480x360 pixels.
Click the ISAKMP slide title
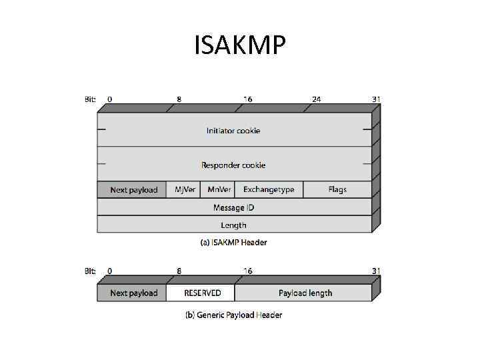click(x=240, y=45)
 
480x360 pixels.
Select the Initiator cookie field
click(x=233, y=131)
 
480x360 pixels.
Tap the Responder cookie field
click(x=233, y=165)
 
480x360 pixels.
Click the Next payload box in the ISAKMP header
click(x=133, y=190)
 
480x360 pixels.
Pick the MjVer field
click(x=185, y=189)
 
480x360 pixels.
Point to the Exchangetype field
click(x=268, y=189)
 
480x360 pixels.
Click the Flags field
click(x=337, y=189)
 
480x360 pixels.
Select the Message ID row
click(x=233, y=207)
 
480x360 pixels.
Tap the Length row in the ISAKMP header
click(x=233, y=225)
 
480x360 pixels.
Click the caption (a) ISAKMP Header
click(x=233, y=243)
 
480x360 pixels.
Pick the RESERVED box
click(x=202, y=293)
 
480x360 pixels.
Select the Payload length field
click(x=305, y=293)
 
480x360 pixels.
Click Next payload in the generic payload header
click(x=133, y=293)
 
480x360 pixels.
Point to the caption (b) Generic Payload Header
click(x=233, y=315)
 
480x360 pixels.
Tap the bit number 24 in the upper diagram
click(x=316, y=99)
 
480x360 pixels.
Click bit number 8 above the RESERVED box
click(x=179, y=271)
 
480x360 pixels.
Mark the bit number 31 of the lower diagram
click(x=376, y=271)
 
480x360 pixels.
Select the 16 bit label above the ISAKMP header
click(x=247, y=99)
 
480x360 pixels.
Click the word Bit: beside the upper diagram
click(x=90, y=99)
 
